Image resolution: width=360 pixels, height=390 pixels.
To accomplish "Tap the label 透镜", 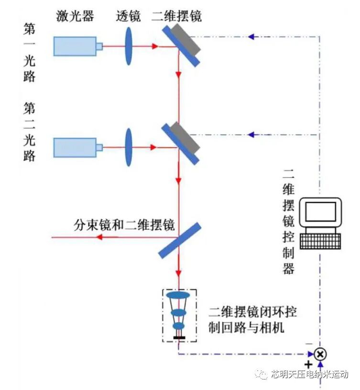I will pyautogui.click(x=128, y=16).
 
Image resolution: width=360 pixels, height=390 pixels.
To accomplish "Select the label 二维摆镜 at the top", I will pyautogui.click(x=177, y=16).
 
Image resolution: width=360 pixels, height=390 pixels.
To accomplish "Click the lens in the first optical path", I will pyautogui.click(x=129, y=46).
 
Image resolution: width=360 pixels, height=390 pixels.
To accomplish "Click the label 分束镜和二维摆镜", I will pyautogui.click(x=124, y=224).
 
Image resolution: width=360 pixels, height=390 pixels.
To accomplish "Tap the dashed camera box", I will pyautogui.click(x=179, y=315).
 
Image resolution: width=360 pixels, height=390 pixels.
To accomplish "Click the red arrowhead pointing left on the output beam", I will pyautogui.click(x=101, y=237).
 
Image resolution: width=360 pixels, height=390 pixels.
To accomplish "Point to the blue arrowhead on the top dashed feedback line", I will pyautogui.click(x=252, y=36).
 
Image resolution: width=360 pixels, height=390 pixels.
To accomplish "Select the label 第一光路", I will pyautogui.click(x=30, y=52).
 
